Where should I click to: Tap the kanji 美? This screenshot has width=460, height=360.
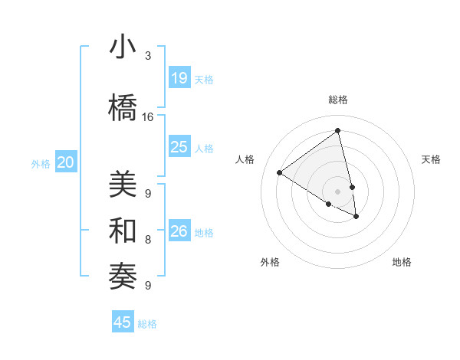pyautogui.click(x=123, y=186)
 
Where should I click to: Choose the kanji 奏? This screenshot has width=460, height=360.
pyautogui.click(x=123, y=275)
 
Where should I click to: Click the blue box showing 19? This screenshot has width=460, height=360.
pyautogui.click(x=179, y=78)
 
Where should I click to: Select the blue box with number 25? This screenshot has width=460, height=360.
pyautogui.click(x=179, y=147)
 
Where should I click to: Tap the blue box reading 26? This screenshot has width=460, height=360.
pyautogui.click(x=179, y=231)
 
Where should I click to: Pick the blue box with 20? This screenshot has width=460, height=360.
pyautogui.click(x=66, y=162)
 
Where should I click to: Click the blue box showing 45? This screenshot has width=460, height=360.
pyautogui.click(x=123, y=322)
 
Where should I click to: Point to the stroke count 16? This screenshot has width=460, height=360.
pyautogui.click(x=148, y=117)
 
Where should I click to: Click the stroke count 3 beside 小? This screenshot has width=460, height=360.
pyautogui.click(x=148, y=56)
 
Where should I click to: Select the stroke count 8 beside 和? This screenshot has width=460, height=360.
pyautogui.click(x=148, y=240)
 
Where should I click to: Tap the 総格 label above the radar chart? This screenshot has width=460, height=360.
pyautogui.click(x=338, y=100)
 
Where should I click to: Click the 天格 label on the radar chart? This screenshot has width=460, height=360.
pyautogui.click(x=431, y=159)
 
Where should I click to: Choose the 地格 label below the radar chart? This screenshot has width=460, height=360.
pyautogui.click(x=402, y=262)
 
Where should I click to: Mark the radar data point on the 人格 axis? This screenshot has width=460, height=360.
pyautogui.click(x=279, y=172)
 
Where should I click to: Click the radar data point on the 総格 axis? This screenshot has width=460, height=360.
pyautogui.click(x=338, y=131)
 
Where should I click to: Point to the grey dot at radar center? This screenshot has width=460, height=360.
pyautogui.click(x=338, y=191)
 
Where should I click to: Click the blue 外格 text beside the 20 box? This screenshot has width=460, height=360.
pyautogui.click(x=40, y=163)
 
